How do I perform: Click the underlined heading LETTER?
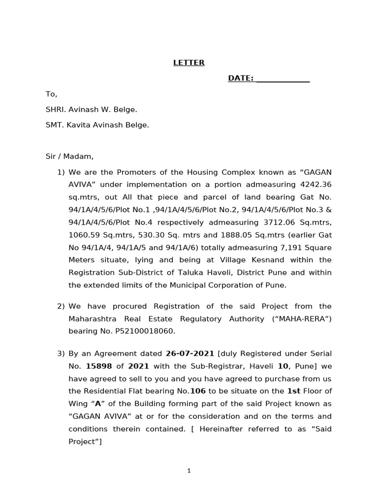(189, 63)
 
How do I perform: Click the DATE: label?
(241, 78)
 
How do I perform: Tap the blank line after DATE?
(283, 79)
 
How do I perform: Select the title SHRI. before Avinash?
(55, 109)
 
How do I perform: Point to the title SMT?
(54, 125)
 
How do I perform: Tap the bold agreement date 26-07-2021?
(190, 353)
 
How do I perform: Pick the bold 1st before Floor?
(293, 391)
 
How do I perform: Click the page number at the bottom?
(189, 471)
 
